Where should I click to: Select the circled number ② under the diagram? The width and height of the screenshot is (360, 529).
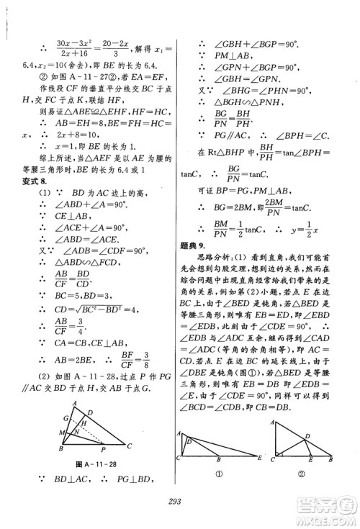[303, 493]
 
